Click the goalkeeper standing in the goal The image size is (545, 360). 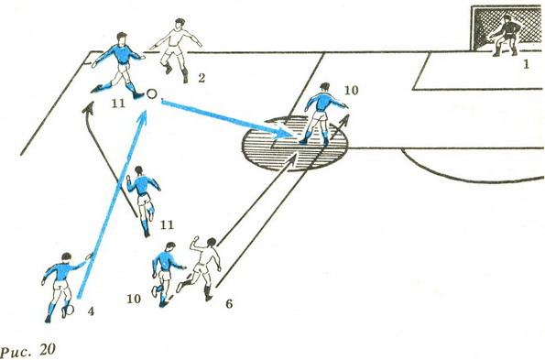(x=506, y=36)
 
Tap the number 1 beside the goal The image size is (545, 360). (x=527, y=64)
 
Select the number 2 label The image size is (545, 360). (x=202, y=78)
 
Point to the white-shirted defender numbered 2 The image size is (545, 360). (x=177, y=49)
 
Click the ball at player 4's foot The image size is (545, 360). (x=70, y=310)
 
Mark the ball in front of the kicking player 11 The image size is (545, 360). (x=152, y=93)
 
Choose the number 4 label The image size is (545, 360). (x=91, y=311)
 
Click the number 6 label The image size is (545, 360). (x=229, y=304)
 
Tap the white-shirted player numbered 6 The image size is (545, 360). (x=199, y=268)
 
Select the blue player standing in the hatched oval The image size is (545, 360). (x=323, y=114)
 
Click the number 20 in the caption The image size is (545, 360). (x=47, y=350)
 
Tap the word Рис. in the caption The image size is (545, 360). (x=16, y=351)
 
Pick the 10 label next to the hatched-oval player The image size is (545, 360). (x=351, y=91)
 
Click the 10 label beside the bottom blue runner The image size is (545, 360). (x=134, y=299)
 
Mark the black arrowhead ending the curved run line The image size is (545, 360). (x=90, y=107)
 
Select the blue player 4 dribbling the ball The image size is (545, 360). (x=62, y=287)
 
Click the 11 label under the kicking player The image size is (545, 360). (x=118, y=104)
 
